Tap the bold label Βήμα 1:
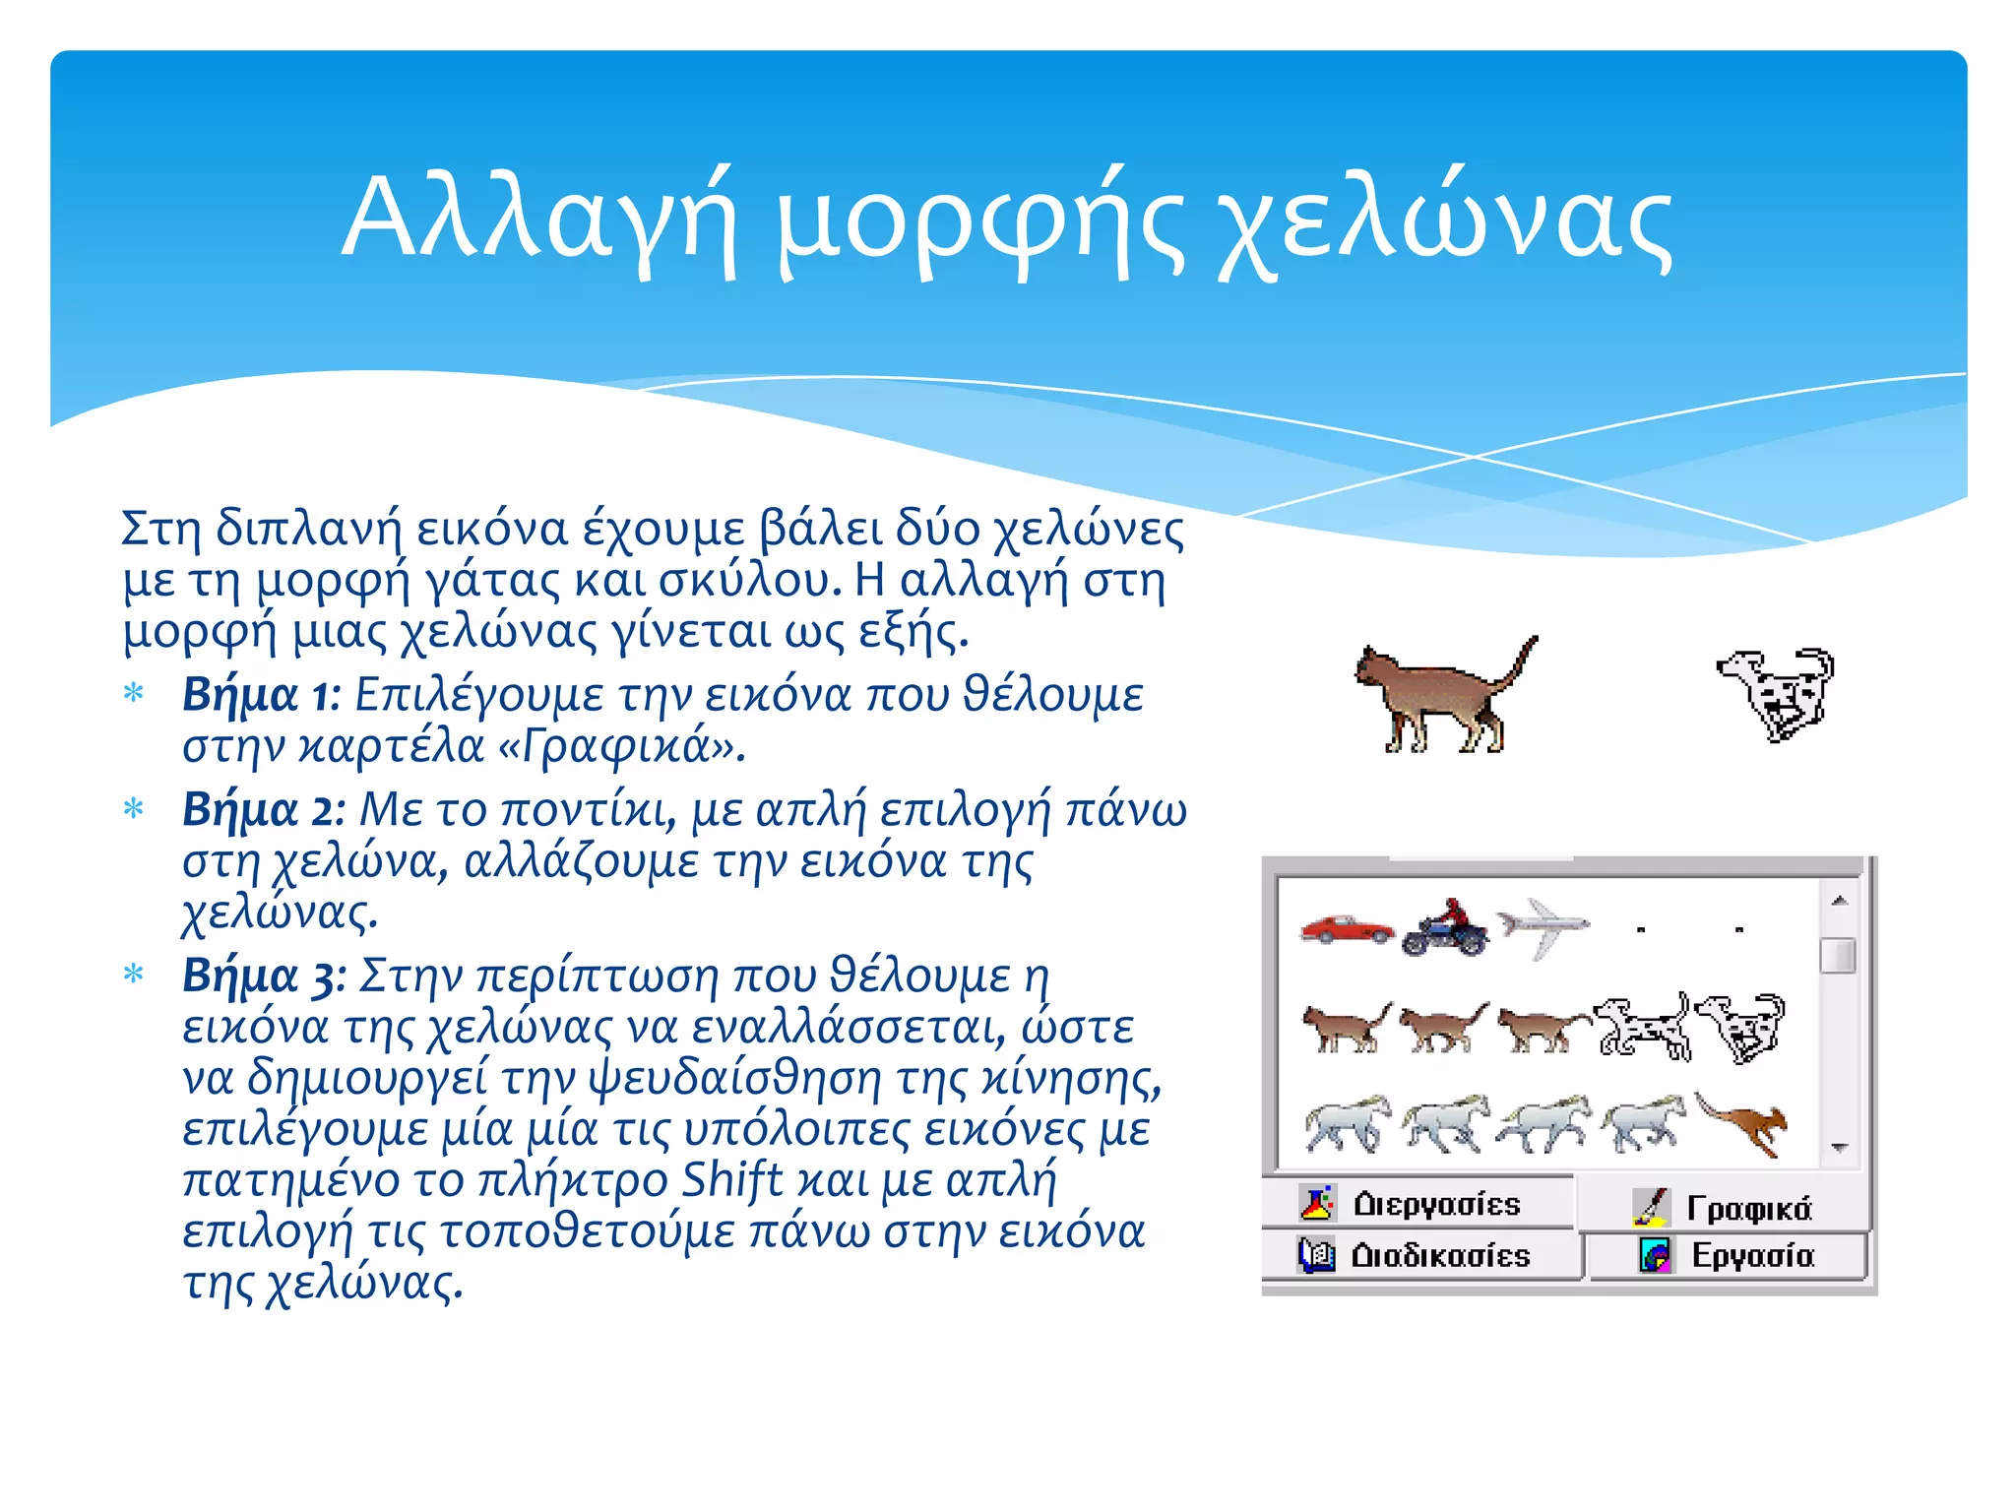260,695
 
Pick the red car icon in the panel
1346,928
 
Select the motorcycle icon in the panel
1445,928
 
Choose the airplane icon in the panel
1543,926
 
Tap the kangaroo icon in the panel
1743,1124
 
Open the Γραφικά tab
1723,1207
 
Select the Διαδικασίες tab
1417,1255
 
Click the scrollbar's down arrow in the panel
1839,1148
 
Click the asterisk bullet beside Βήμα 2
134,809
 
